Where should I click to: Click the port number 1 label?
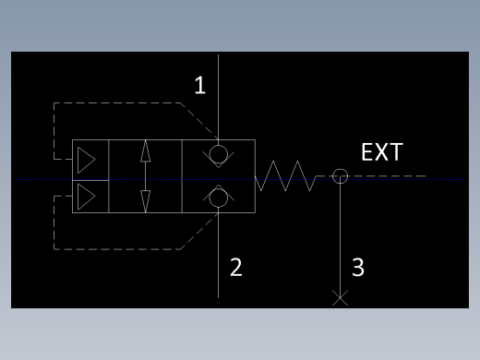200,85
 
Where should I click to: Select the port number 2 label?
236,267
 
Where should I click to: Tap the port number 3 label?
358,267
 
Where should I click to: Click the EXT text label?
382,151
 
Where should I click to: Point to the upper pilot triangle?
86,160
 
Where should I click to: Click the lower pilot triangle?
86,197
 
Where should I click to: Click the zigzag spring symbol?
285,175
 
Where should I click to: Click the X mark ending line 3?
340,298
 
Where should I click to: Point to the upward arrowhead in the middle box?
146,150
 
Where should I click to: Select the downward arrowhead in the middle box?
146,201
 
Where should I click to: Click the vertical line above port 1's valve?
218,97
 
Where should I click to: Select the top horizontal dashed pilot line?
117,103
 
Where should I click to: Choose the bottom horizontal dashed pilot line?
117,249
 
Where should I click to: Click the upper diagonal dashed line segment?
199,121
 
